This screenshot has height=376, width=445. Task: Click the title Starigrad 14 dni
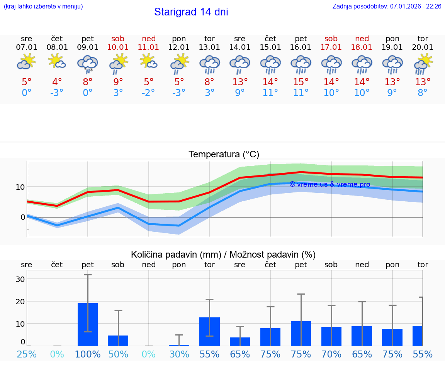pyautogui.click(x=191, y=12)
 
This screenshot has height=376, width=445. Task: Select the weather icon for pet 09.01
pyautogui.click(x=88, y=64)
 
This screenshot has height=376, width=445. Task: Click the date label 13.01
pyautogui.click(x=209, y=47)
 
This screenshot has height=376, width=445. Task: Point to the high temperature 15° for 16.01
pyautogui.click(x=301, y=82)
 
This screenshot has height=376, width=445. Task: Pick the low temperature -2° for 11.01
pyautogui.click(x=149, y=93)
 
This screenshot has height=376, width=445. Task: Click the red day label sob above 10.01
pyautogui.click(x=118, y=39)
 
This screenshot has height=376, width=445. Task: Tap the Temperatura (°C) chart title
pyautogui.click(x=224, y=155)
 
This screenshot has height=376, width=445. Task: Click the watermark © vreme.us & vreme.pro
pyautogui.click(x=330, y=184)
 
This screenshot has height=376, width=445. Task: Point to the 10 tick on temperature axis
pyautogui.click(x=20, y=187)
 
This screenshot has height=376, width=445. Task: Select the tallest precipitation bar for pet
pyautogui.click(x=88, y=324)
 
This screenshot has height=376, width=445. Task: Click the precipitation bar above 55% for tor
pyautogui.click(x=209, y=332)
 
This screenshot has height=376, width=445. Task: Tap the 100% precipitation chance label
pyautogui.click(x=88, y=354)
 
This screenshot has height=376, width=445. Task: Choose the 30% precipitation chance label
pyautogui.click(x=179, y=354)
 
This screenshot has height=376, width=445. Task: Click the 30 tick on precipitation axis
pyautogui.click(x=20, y=279)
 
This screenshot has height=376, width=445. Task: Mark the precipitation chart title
pyautogui.click(x=223, y=255)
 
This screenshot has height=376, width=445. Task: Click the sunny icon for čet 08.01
pyautogui.click(x=57, y=61)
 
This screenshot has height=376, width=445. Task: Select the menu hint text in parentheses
pyautogui.click(x=43, y=6)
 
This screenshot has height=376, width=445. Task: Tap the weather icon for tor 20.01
pyautogui.click(x=423, y=64)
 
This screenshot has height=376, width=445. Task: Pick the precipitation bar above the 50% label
pyautogui.click(x=118, y=341)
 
